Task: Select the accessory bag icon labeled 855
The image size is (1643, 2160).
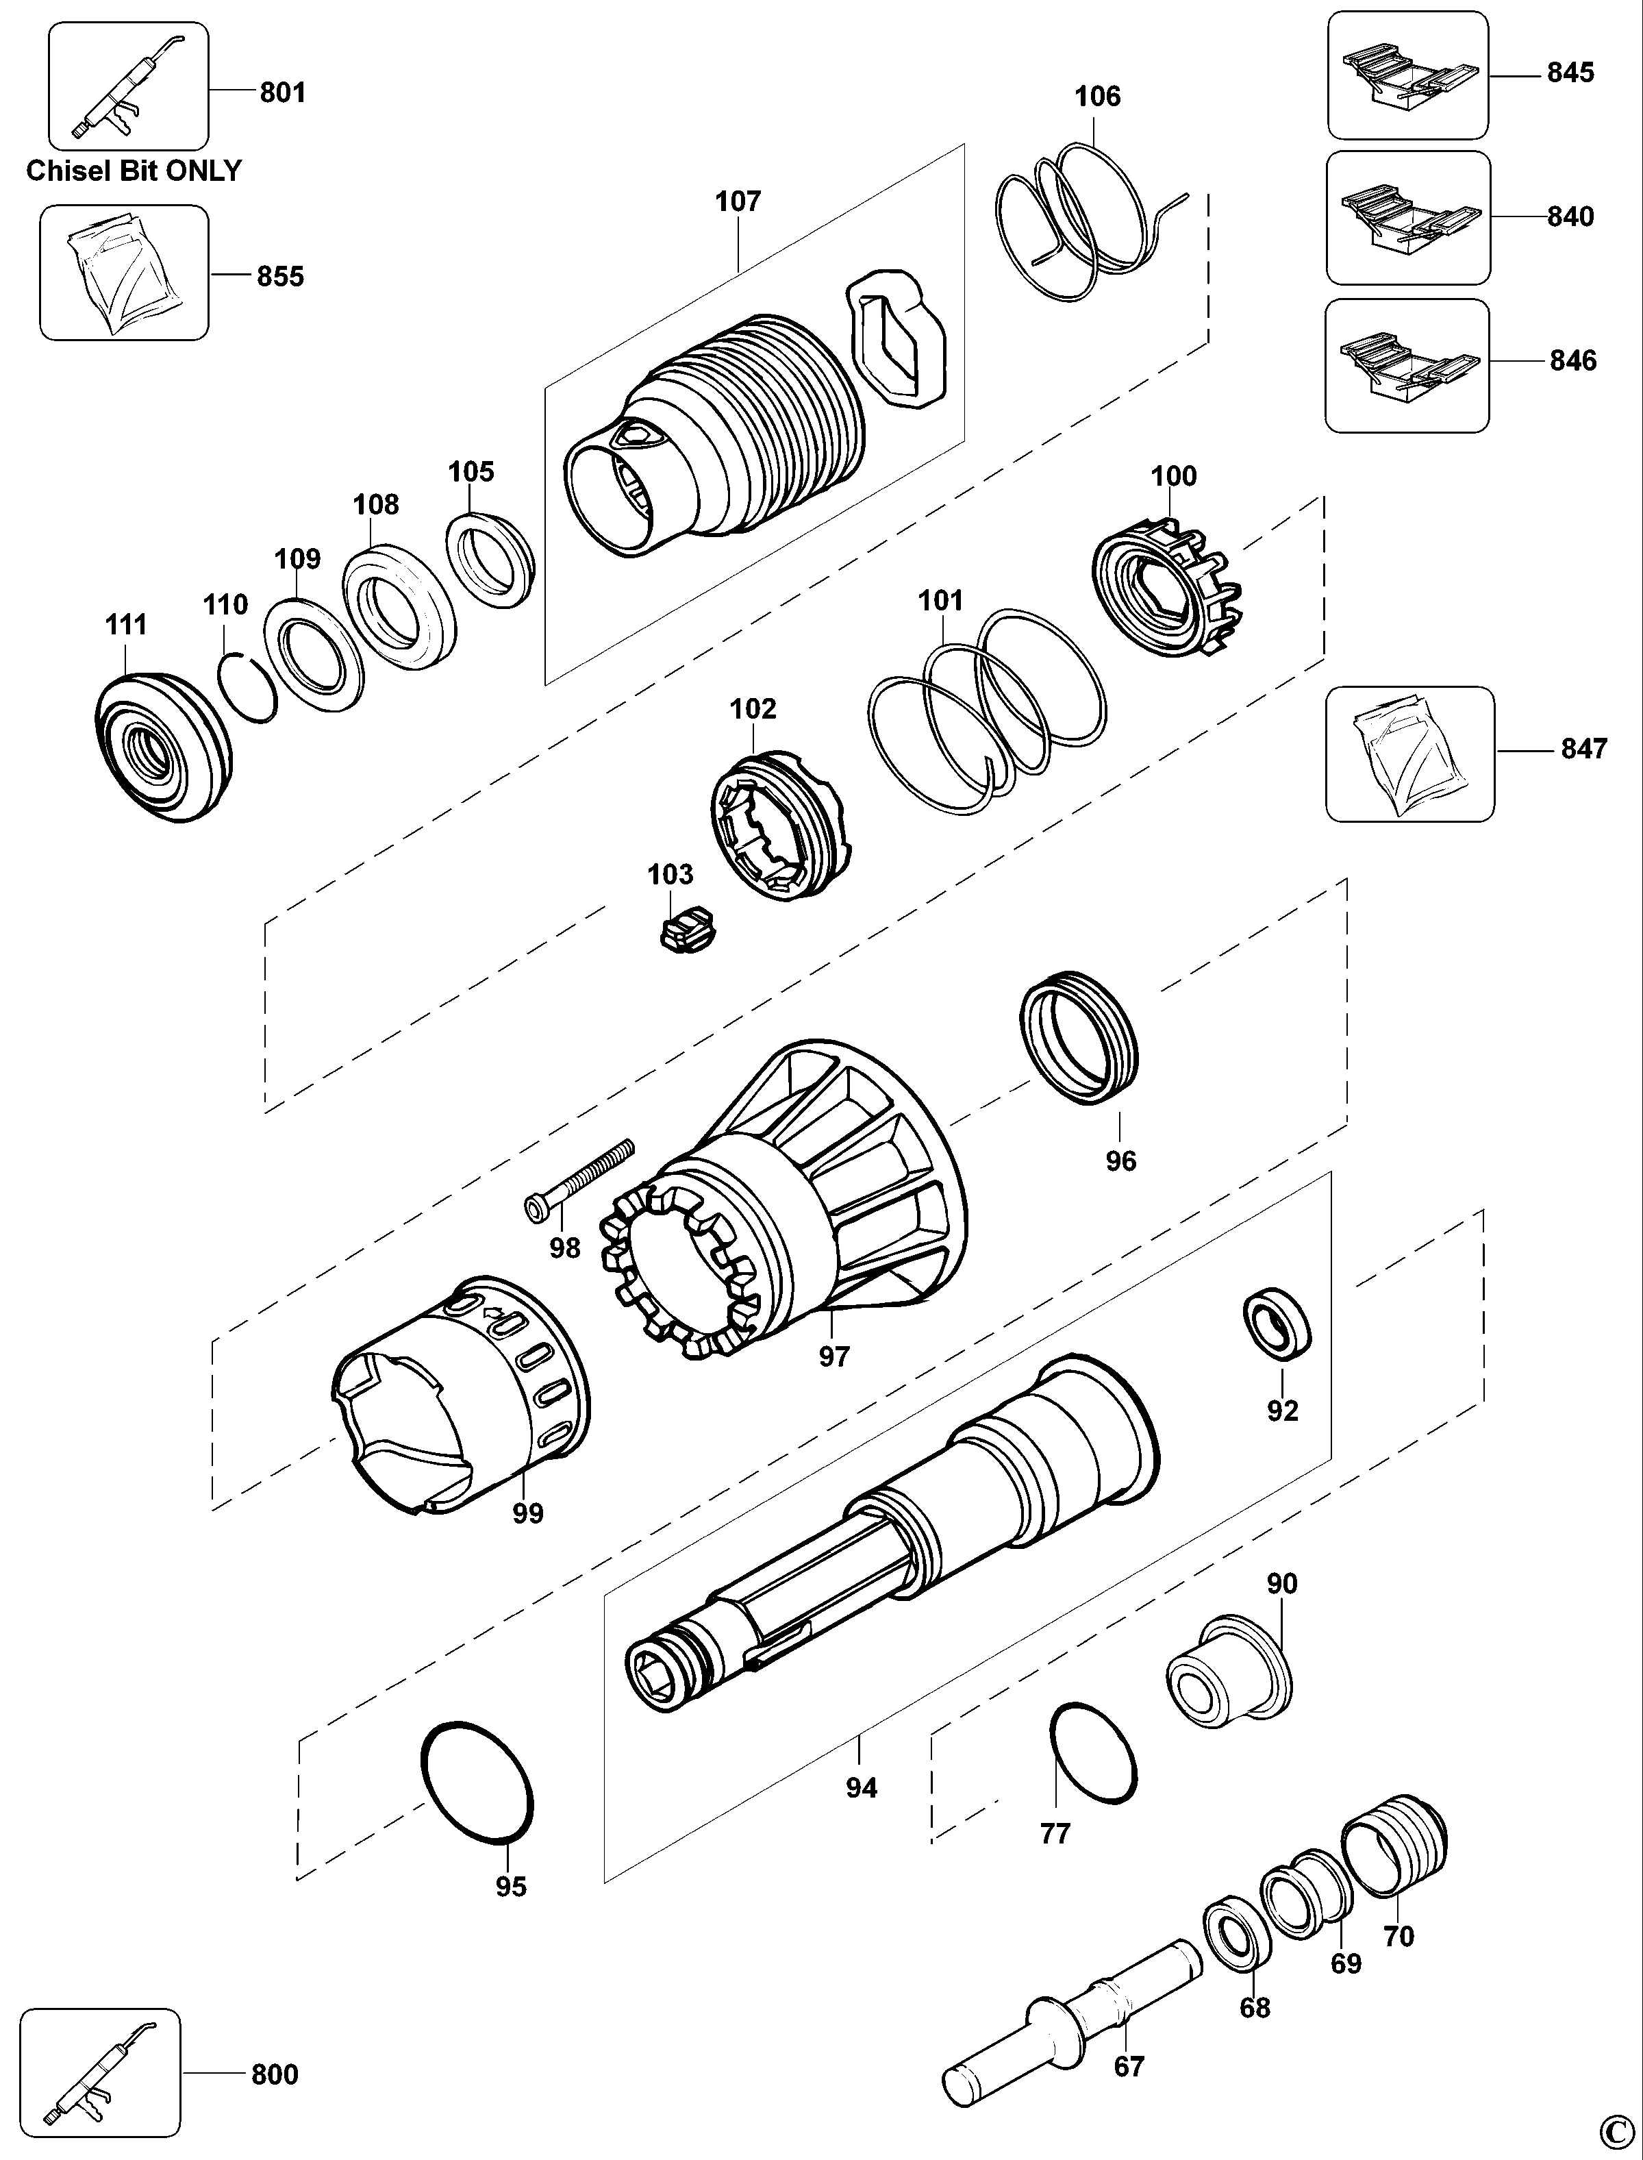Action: coord(124,272)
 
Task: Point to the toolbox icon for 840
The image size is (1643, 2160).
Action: coord(1408,217)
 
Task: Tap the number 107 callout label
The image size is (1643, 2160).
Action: coord(738,201)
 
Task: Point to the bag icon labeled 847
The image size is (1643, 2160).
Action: coord(1410,754)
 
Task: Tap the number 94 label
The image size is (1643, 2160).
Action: coord(862,1788)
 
